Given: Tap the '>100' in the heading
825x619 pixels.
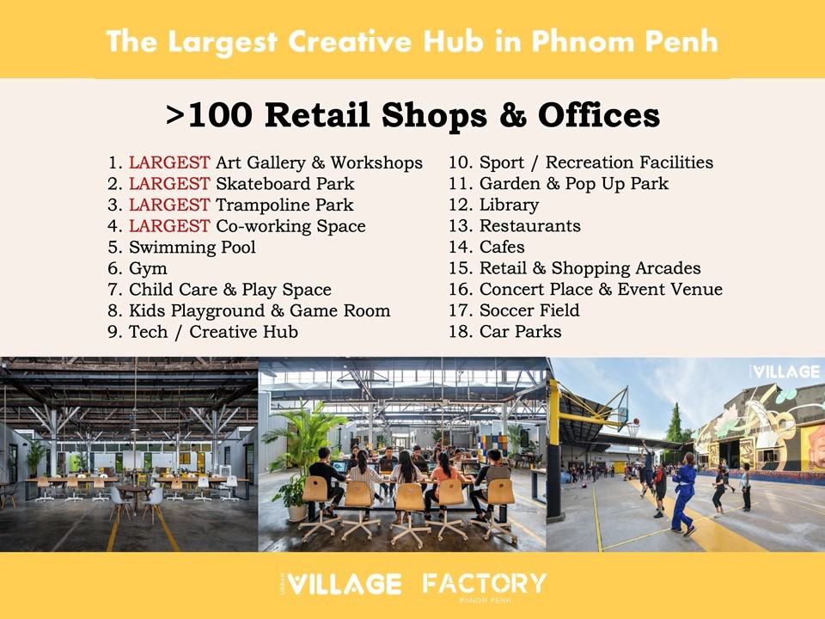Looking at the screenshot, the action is pyautogui.click(x=209, y=114).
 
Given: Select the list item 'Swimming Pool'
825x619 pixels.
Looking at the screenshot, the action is pyautogui.click(x=192, y=247).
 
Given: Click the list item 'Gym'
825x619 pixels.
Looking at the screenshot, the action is pyautogui.click(x=148, y=268).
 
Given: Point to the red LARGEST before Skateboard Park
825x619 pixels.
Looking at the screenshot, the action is pyautogui.click(x=169, y=184).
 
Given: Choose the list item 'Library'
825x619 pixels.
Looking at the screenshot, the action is pyautogui.click(x=509, y=205).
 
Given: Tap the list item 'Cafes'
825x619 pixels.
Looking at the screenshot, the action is pyautogui.click(x=501, y=247).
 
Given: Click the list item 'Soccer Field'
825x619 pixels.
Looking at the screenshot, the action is pyautogui.click(x=529, y=310).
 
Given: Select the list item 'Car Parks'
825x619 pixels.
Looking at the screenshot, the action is pyautogui.click(x=520, y=332).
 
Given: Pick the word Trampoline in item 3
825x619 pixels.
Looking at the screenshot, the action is pyautogui.click(x=263, y=205).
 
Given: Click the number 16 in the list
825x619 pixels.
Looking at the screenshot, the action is pyautogui.click(x=459, y=289).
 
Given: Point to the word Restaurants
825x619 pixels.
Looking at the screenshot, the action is pyautogui.click(x=530, y=226).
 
